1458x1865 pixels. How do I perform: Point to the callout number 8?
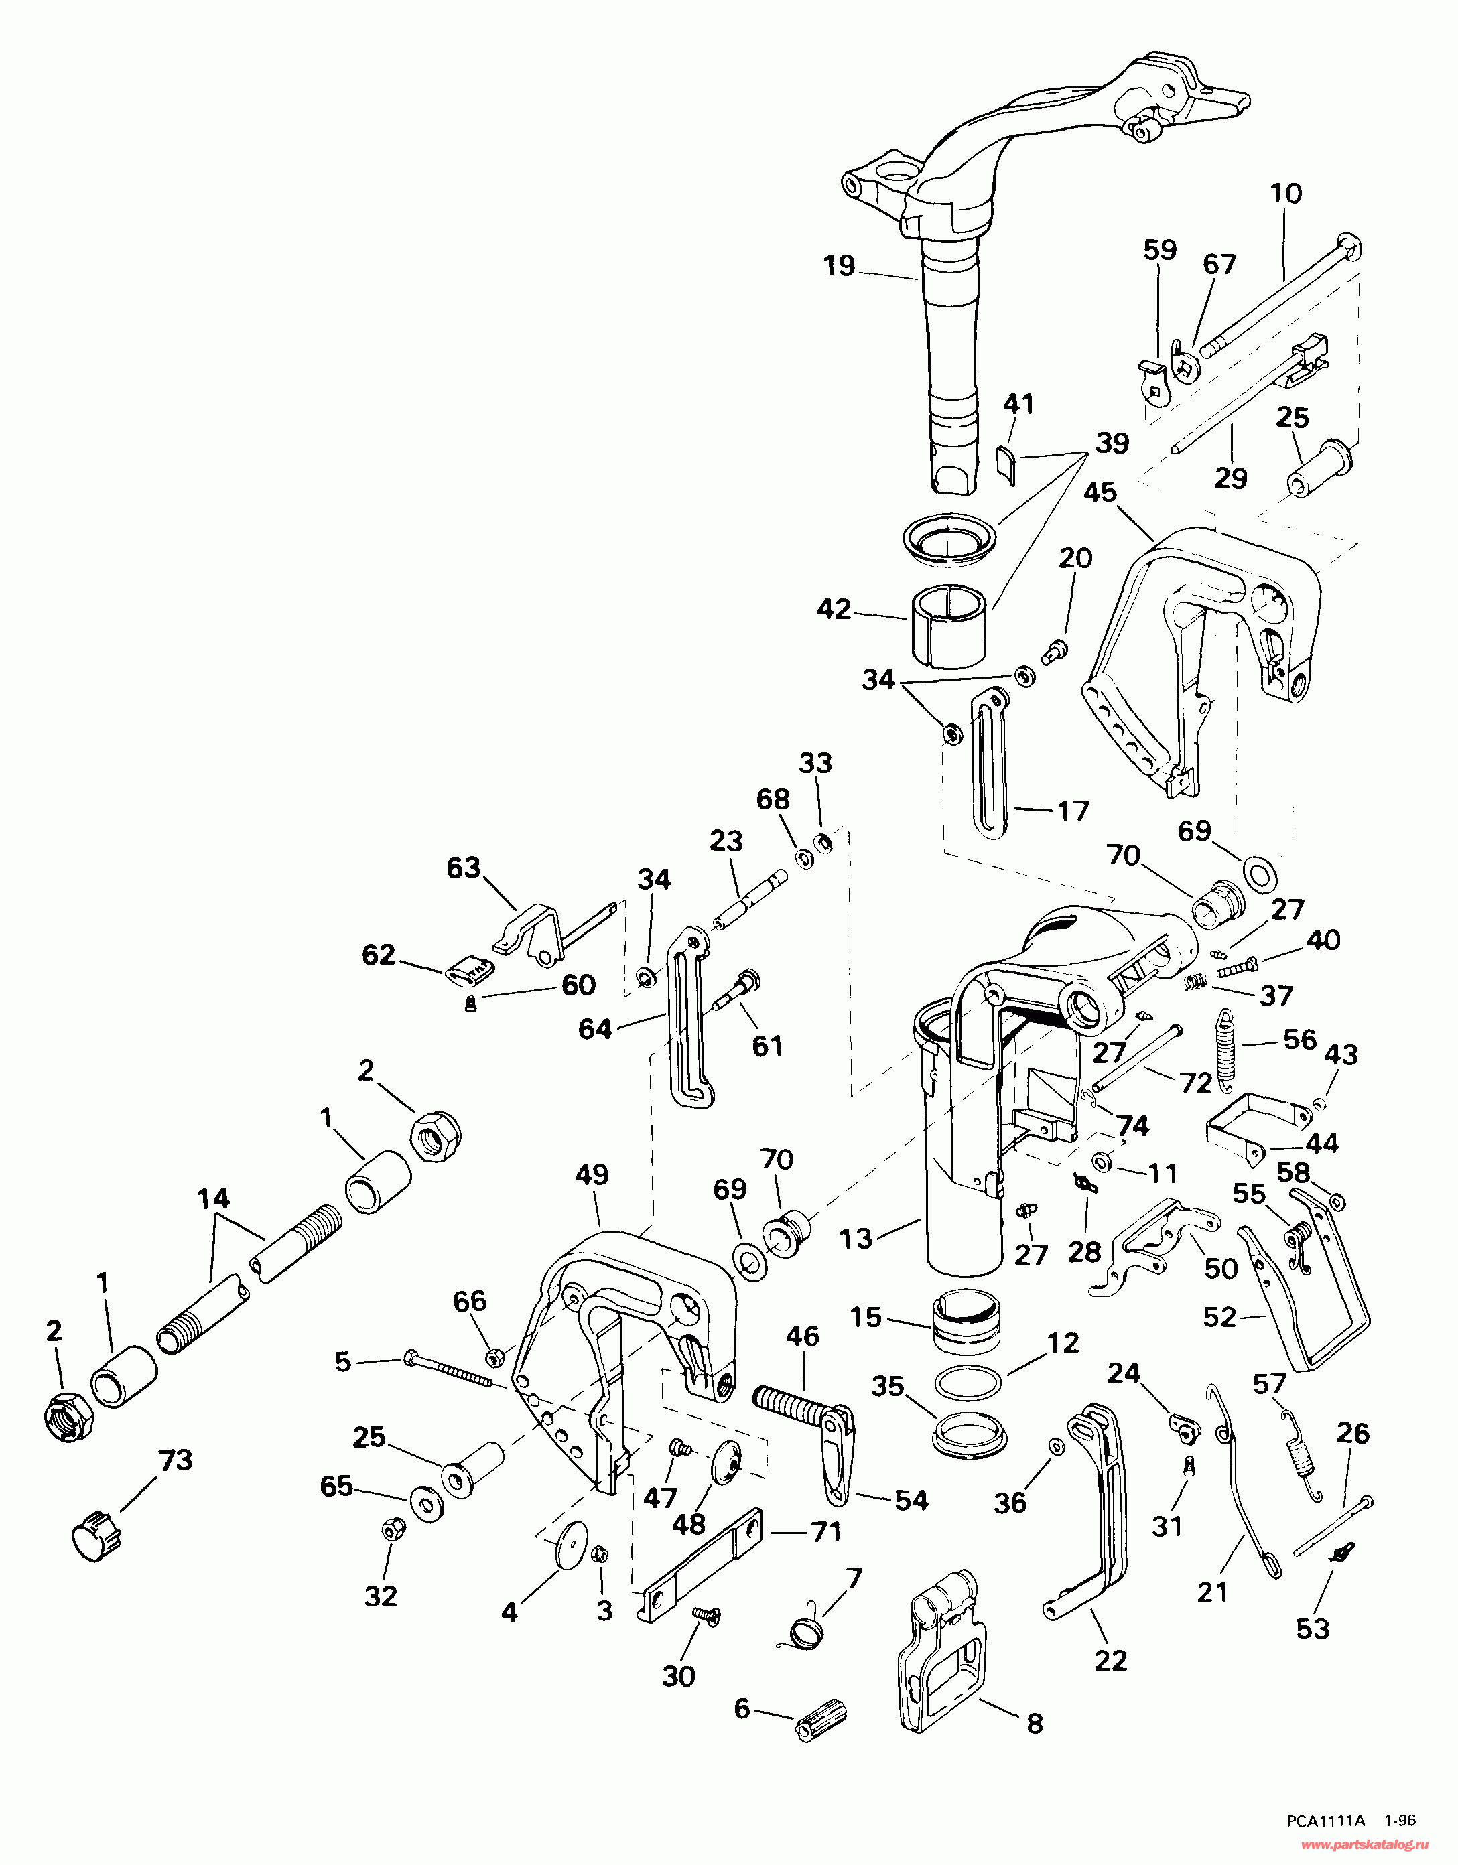[1035, 1723]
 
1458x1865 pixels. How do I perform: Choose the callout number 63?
[464, 868]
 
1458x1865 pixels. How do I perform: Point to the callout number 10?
[1286, 193]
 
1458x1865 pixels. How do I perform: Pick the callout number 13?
[855, 1237]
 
